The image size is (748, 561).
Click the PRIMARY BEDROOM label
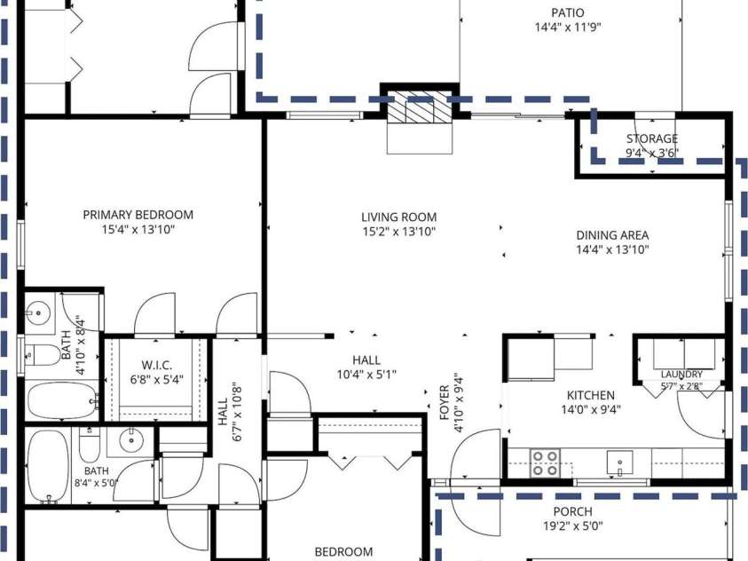point(138,215)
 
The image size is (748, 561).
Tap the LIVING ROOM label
point(398,217)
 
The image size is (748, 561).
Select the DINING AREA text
point(612,235)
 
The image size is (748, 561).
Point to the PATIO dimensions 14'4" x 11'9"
point(568,28)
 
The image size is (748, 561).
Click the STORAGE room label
point(652,138)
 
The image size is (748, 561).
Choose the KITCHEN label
point(591,395)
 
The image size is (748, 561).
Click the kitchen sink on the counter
point(619,462)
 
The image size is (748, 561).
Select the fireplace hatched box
point(420,107)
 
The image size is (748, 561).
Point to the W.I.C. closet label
point(157,366)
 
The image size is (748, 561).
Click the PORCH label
point(573,511)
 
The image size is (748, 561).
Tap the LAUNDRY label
point(681,375)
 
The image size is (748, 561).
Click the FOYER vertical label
point(445,403)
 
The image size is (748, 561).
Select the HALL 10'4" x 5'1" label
point(366,367)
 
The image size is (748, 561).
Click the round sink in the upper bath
point(38,313)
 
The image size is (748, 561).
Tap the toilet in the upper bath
point(43,355)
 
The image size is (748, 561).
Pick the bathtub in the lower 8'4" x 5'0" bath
point(48,466)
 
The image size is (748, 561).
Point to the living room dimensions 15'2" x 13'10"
point(398,232)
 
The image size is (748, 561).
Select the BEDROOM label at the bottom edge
point(343,552)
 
